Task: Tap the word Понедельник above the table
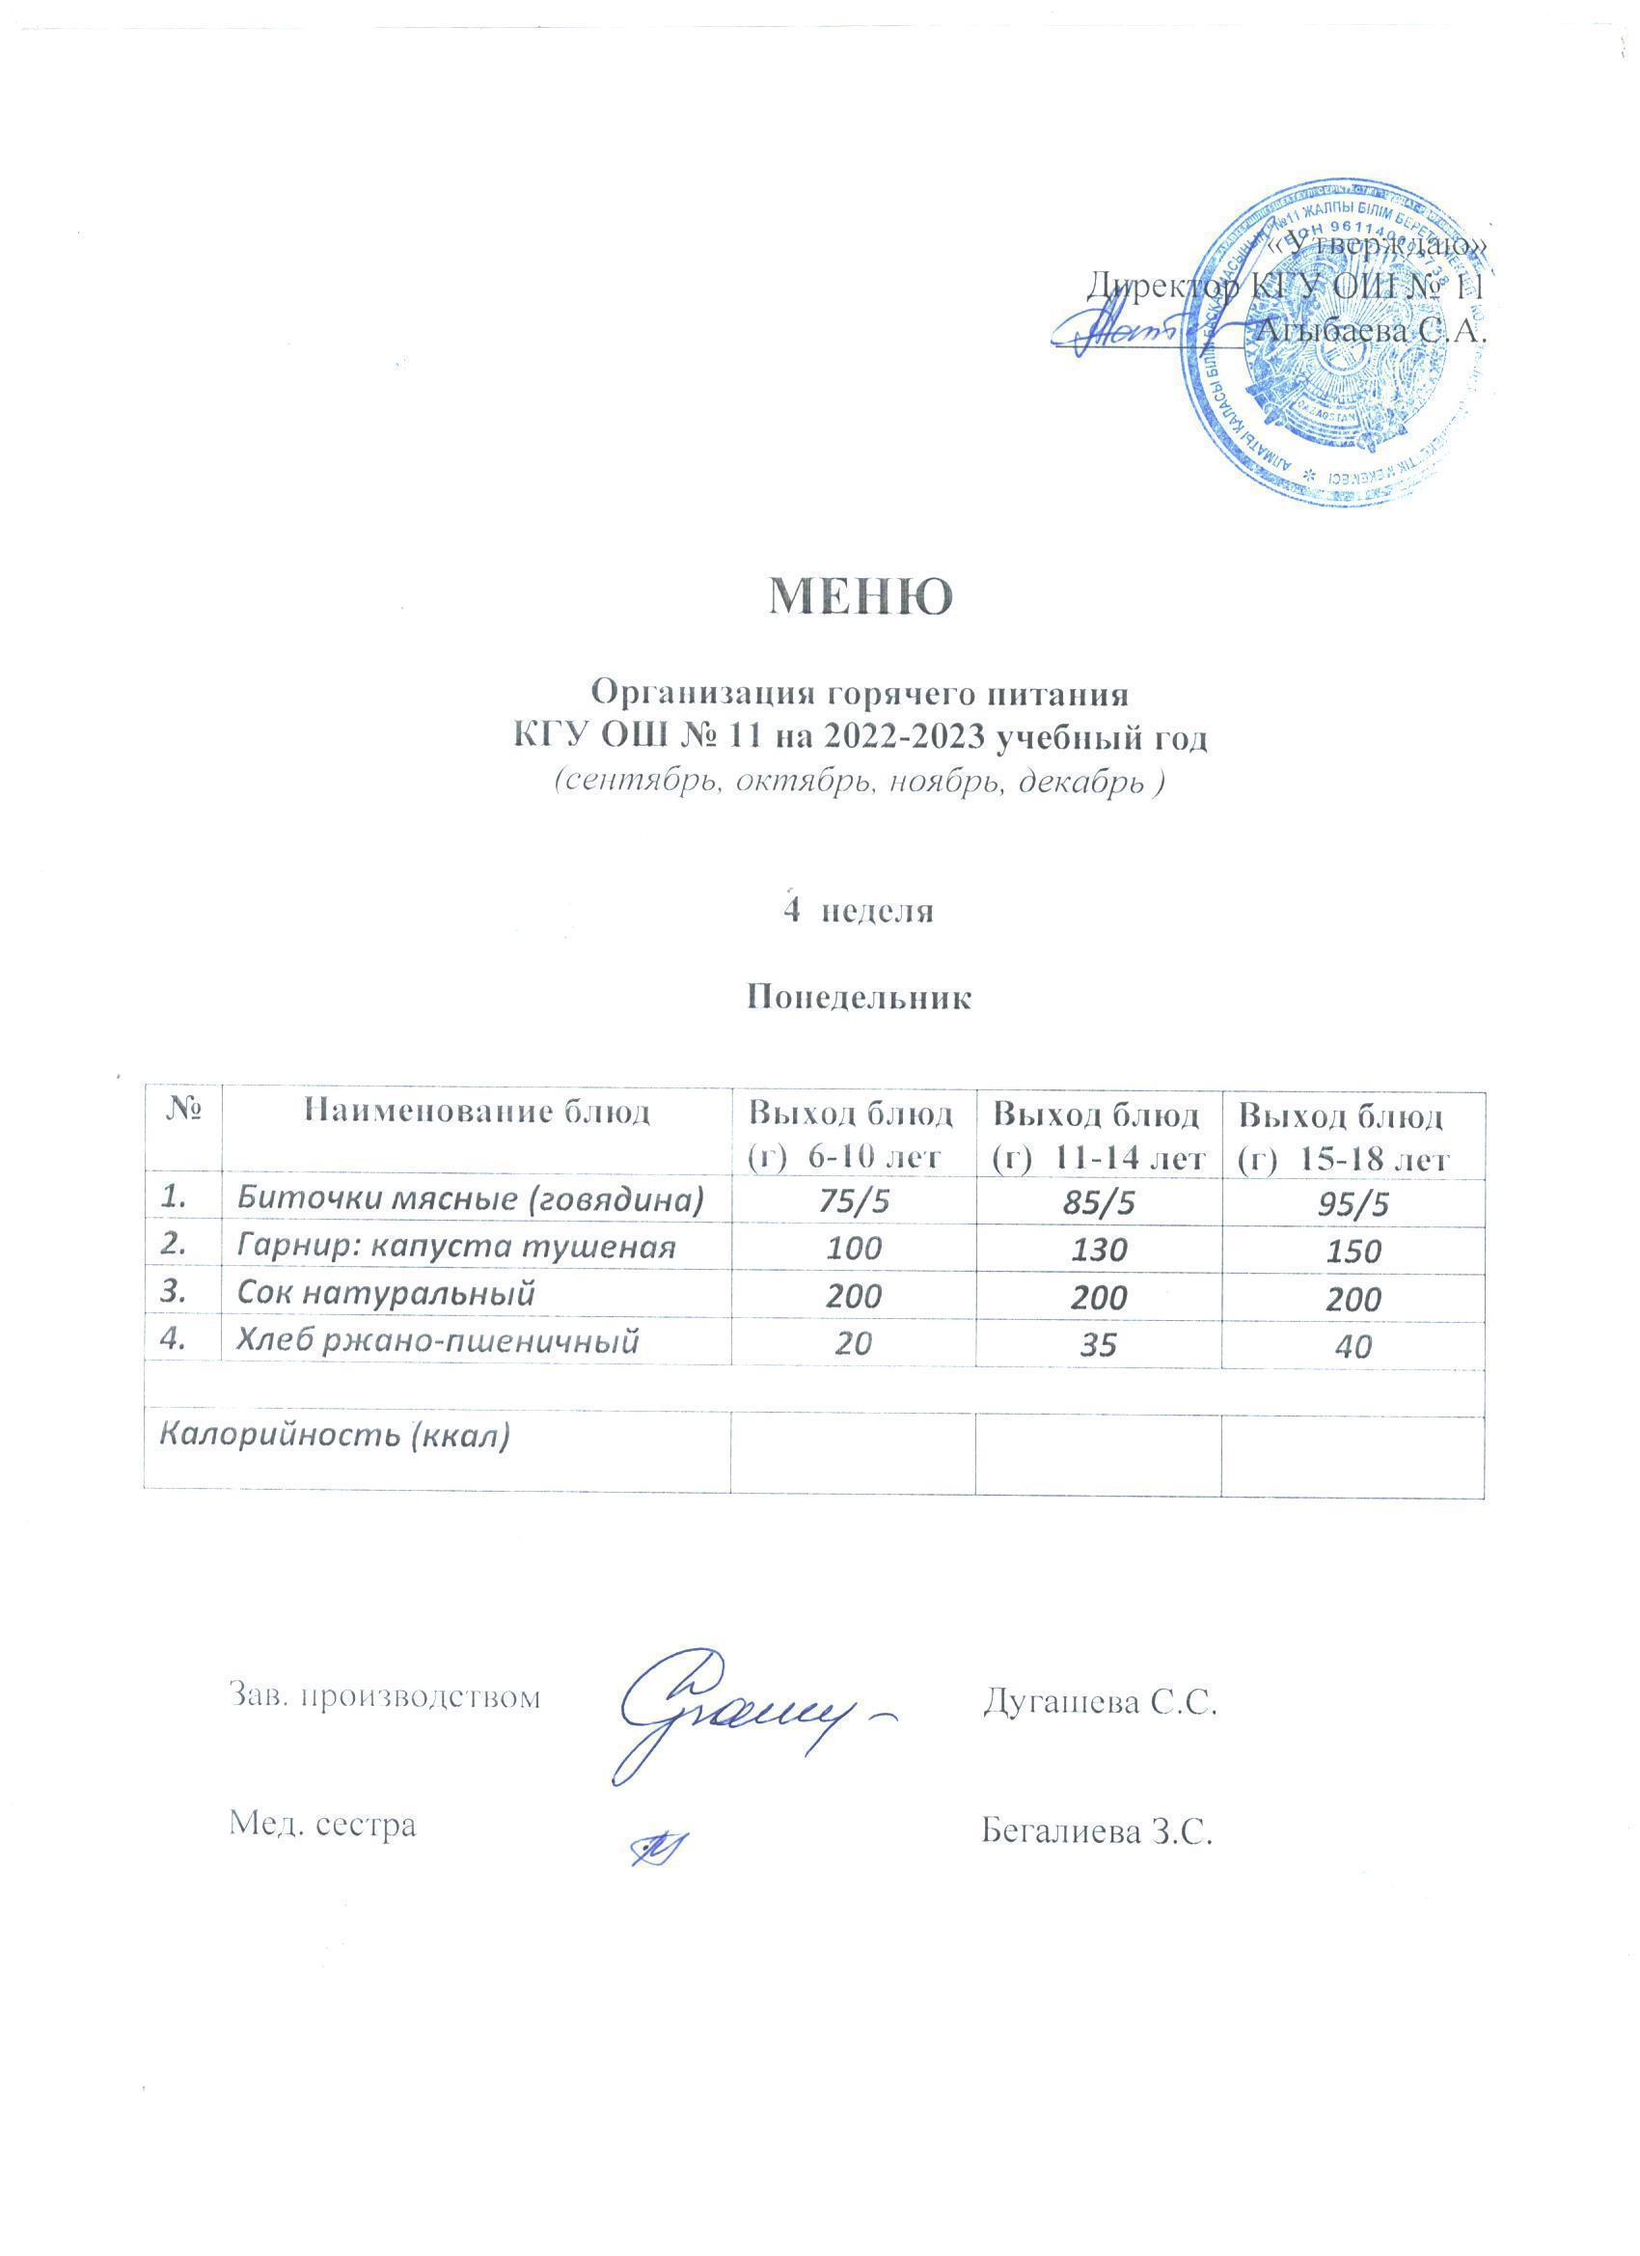coord(859,998)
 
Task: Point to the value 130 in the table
coord(1099,1250)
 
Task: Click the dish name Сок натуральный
coord(386,1293)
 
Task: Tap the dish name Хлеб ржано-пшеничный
coord(437,1342)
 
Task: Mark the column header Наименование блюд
coord(477,1111)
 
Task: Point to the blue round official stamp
coord(1332,344)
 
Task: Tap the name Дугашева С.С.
coord(1100,1702)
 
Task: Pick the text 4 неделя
coord(859,910)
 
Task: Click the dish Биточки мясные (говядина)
coord(470,1200)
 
